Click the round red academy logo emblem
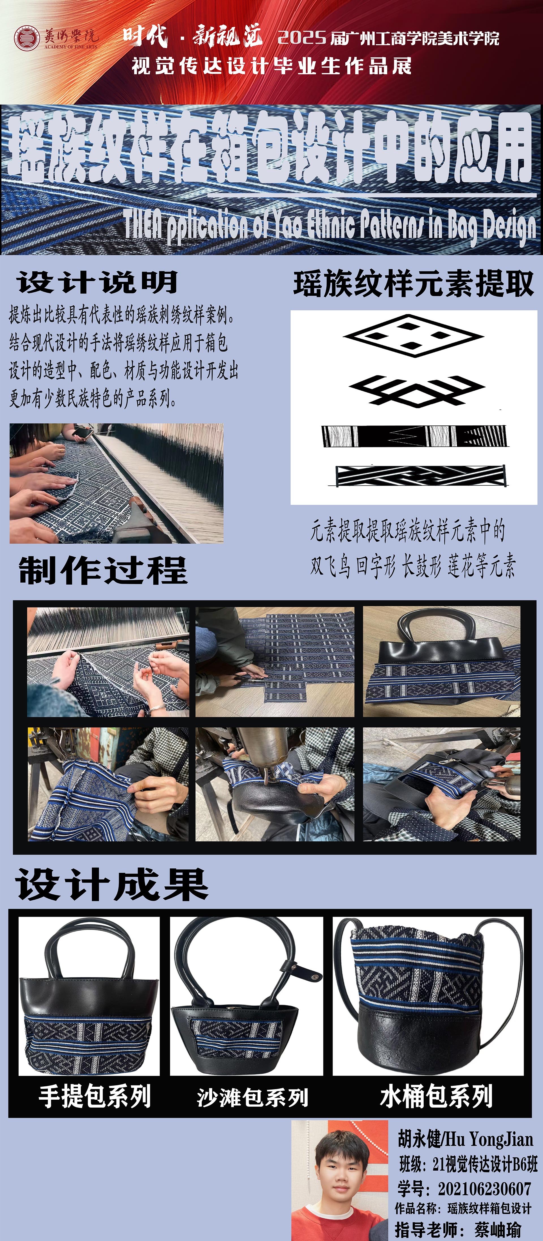[27, 38]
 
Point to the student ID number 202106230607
[484, 1188]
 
